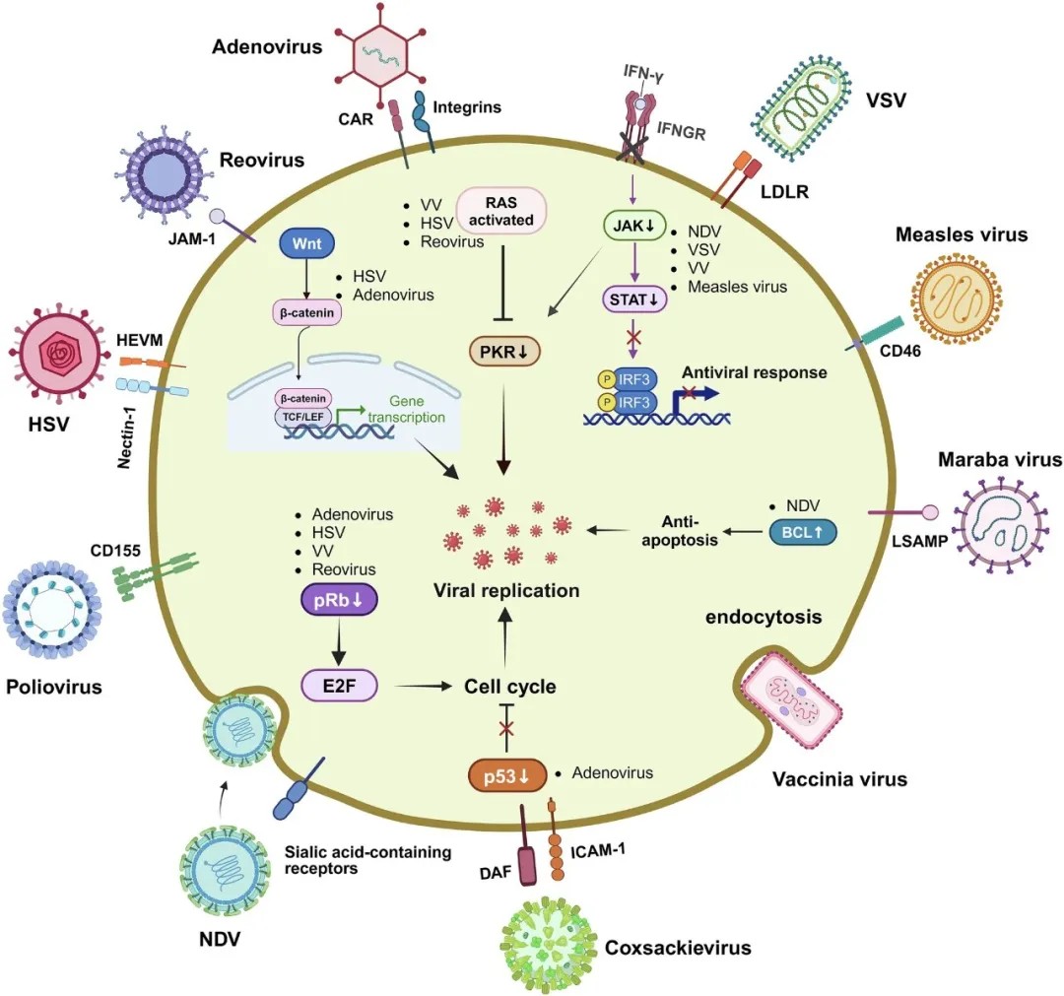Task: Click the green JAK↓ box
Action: point(630,228)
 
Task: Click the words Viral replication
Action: point(505,590)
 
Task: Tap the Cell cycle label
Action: point(510,687)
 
